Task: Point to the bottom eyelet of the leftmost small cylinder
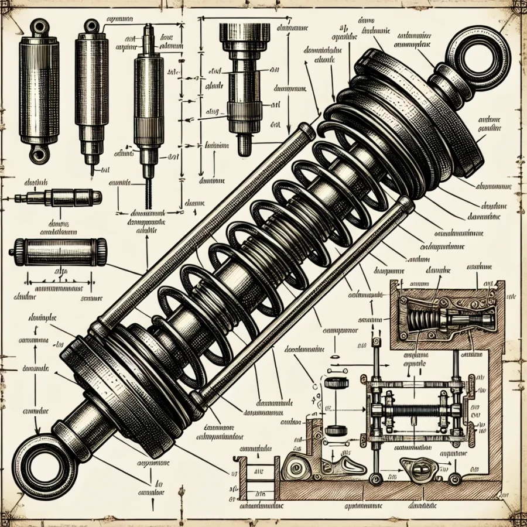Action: pos(39,154)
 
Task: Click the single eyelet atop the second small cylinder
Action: pos(91,25)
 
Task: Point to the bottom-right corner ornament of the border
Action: pos(515,515)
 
